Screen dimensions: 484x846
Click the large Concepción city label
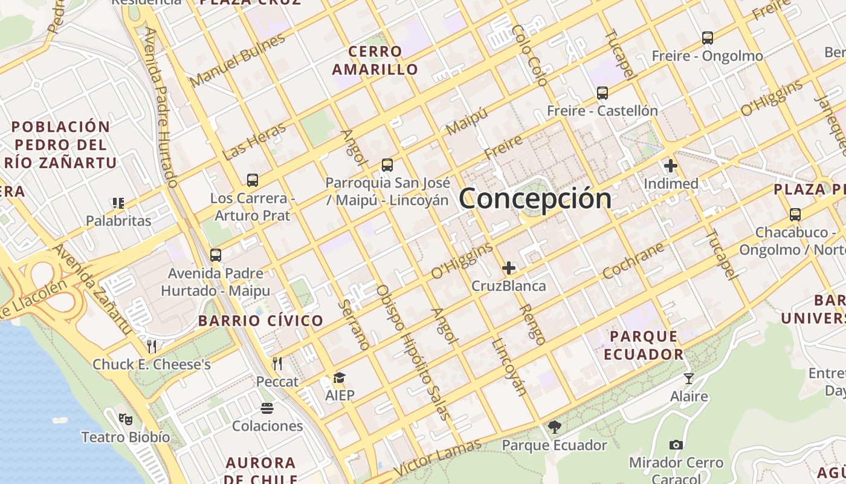click(535, 198)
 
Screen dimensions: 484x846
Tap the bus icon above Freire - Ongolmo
click(708, 38)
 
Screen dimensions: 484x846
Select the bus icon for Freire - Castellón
click(602, 93)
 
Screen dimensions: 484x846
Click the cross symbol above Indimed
click(671, 165)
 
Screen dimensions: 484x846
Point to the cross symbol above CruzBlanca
click(509, 267)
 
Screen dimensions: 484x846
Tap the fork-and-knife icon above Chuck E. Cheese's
click(152, 346)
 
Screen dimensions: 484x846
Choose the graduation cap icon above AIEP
click(340, 378)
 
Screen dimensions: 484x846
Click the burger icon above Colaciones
click(267, 408)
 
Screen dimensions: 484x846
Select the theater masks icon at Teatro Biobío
click(126, 418)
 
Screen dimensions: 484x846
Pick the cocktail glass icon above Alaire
click(689, 379)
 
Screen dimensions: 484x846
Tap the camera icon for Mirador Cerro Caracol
click(676, 445)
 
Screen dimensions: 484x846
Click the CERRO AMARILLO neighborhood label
click(375, 60)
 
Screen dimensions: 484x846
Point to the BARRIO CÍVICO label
click(261, 321)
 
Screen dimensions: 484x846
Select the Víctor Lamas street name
click(438, 458)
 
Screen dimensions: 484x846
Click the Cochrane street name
click(633, 261)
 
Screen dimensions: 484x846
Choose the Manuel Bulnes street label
click(237, 60)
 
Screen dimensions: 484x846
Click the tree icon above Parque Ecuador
click(555, 427)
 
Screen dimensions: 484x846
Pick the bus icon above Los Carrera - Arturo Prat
click(253, 180)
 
